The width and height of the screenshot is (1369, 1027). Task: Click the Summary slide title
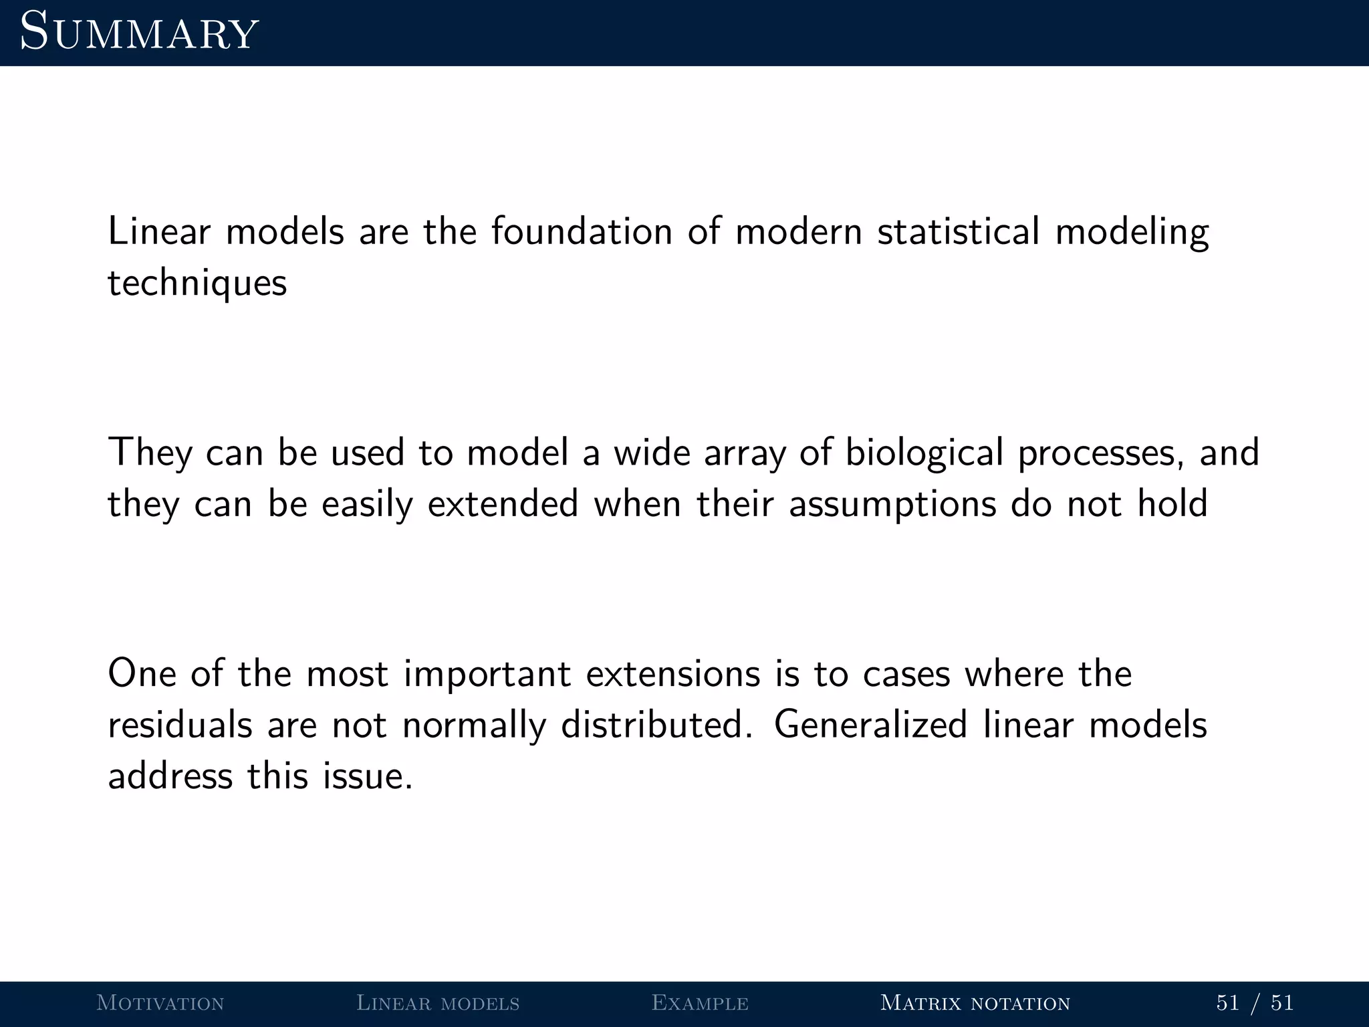[x=139, y=32]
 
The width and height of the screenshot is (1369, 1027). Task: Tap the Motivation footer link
[x=160, y=1003]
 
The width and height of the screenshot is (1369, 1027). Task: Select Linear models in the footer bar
[x=438, y=1003]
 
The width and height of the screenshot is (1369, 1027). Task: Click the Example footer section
[x=700, y=1003]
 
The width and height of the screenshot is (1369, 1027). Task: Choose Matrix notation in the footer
[x=975, y=1003]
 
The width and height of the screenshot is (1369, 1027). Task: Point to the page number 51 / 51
[x=1255, y=1003]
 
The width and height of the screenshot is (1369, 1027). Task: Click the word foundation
[x=582, y=231]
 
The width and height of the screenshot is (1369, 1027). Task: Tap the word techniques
[x=197, y=283]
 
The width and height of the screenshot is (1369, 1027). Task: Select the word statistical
[x=958, y=231]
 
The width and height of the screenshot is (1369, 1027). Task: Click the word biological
[x=924, y=453]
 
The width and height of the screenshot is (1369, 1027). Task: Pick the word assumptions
[x=892, y=505]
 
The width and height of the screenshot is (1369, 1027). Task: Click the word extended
[x=503, y=503]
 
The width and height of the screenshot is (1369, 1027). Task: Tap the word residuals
[x=180, y=725]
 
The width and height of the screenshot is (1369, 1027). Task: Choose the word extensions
[x=673, y=673]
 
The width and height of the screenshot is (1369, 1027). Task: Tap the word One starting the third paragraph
[x=142, y=673]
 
